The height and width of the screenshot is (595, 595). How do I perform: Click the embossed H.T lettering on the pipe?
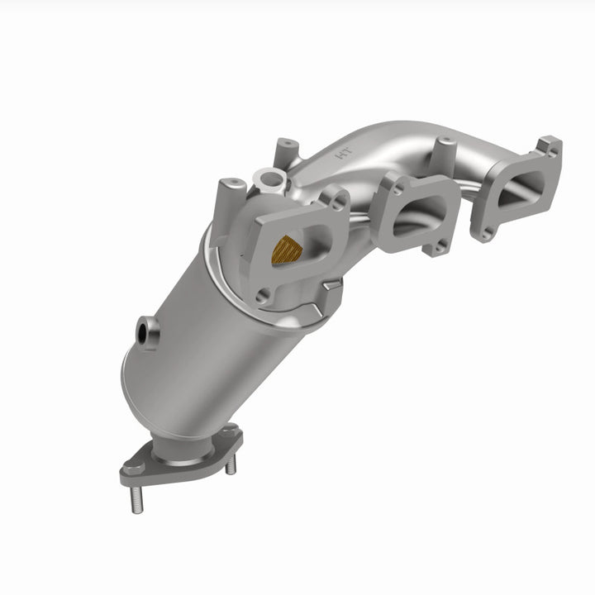(340, 153)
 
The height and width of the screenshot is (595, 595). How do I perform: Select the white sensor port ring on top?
(268, 177)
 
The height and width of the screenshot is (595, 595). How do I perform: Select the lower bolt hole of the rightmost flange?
(483, 231)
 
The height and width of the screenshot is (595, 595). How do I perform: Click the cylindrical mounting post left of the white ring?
(231, 194)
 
